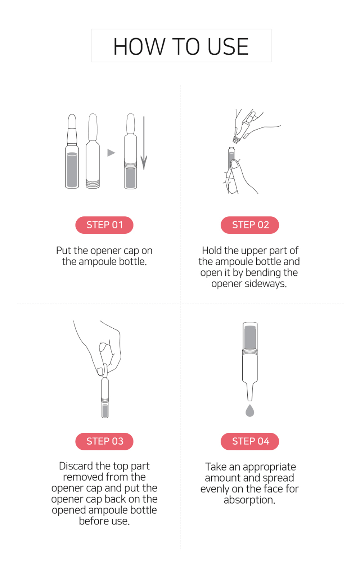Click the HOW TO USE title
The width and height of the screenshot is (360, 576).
pos(181,46)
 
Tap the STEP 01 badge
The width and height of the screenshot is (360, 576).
pos(104,225)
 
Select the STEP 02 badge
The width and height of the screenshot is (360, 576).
pos(250,225)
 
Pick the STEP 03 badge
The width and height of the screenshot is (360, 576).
pos(104,441)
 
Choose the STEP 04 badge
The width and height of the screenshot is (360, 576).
pos(250,441)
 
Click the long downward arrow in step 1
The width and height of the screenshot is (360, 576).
pos(144,143)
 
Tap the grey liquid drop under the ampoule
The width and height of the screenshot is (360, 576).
pos(250,411)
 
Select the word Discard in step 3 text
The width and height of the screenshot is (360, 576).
pos(76,466)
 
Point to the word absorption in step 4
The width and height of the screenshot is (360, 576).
pos(249,500)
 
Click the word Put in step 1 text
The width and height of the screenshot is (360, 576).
pos(63,251)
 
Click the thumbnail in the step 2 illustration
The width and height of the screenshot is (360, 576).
pos(234,164)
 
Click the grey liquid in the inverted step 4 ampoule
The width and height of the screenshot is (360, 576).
pos(250,337)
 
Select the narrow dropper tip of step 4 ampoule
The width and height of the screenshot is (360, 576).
pos(250,392)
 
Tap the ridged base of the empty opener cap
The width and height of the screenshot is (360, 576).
pos(93,184)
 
